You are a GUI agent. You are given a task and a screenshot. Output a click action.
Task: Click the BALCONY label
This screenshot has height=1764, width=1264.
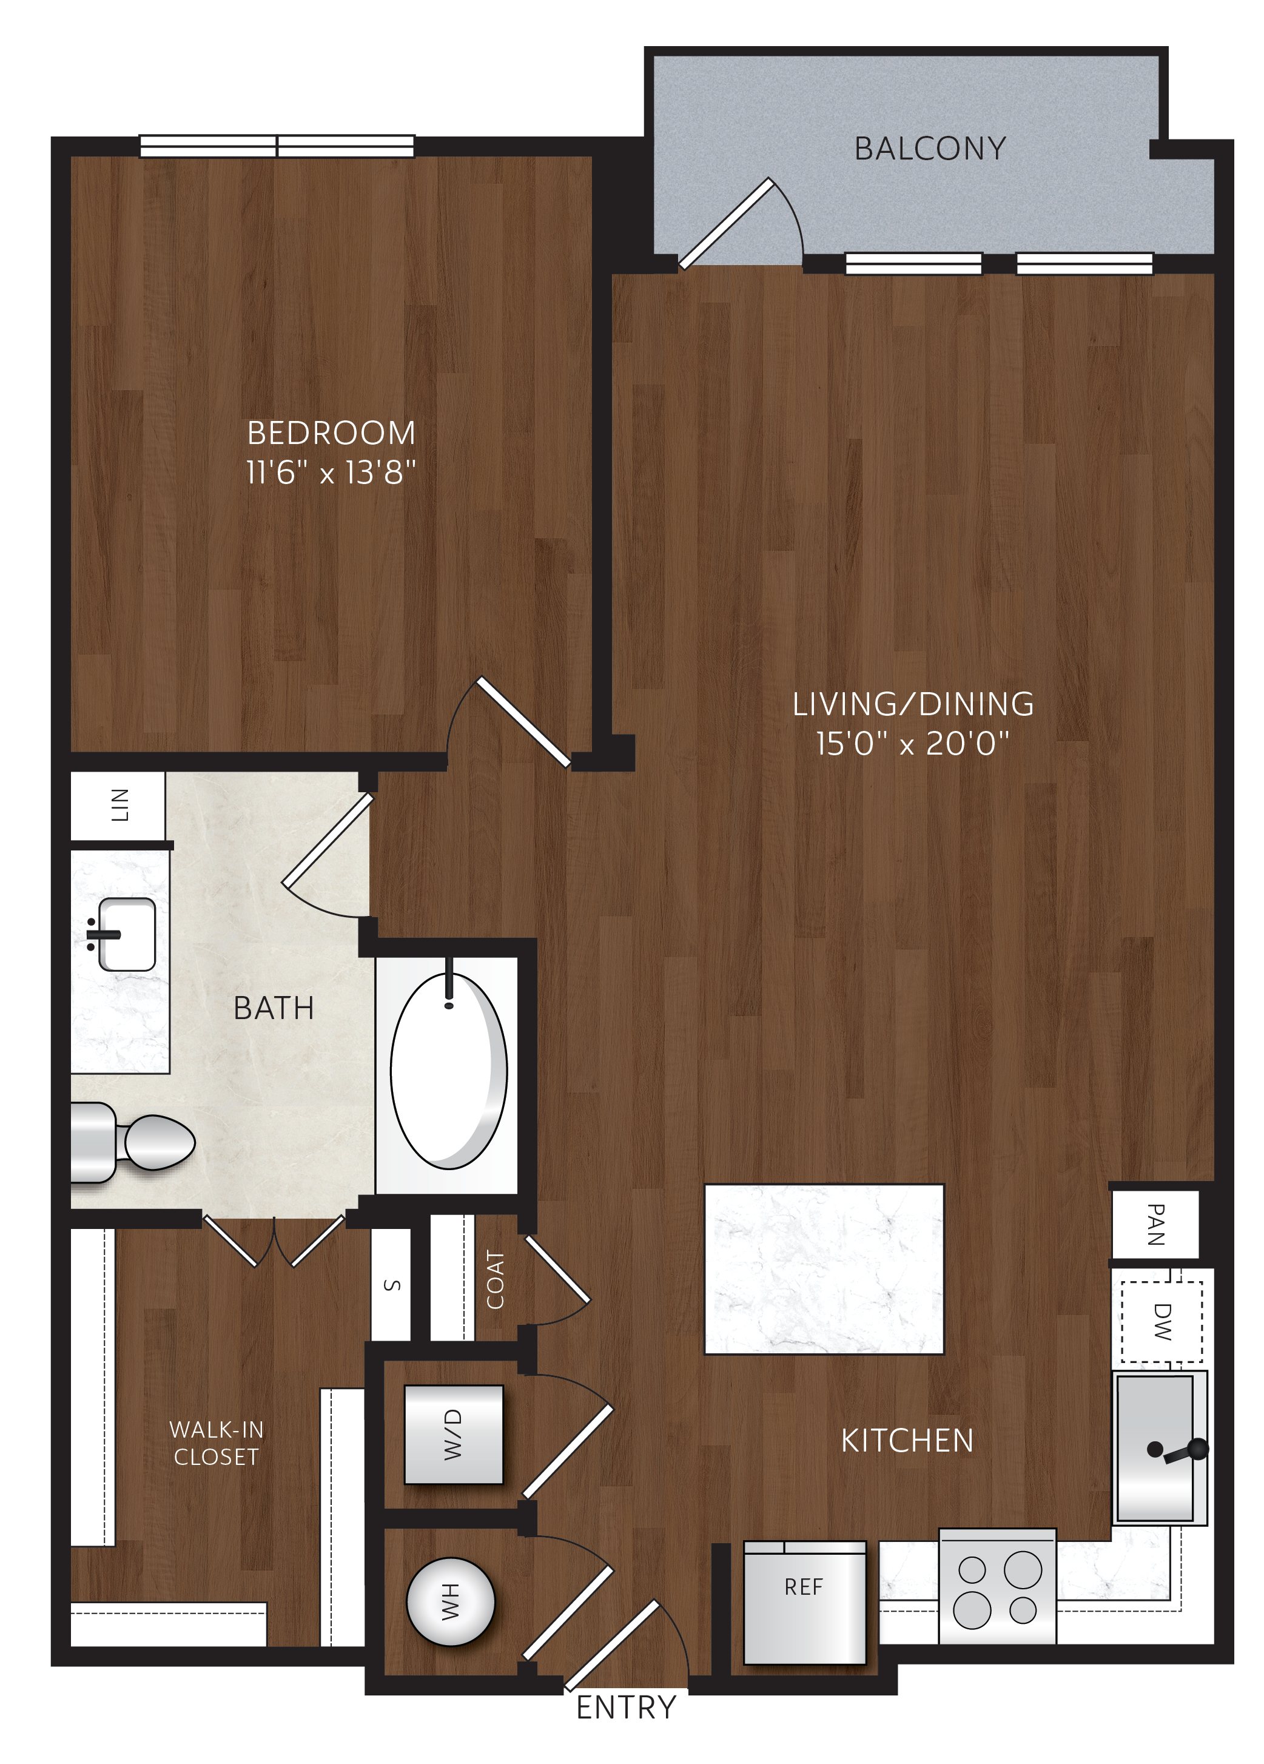point(930,149)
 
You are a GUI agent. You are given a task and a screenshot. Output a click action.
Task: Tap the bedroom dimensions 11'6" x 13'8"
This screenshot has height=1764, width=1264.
point(331,471)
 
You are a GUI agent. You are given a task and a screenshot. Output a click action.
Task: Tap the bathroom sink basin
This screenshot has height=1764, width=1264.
point(126,934)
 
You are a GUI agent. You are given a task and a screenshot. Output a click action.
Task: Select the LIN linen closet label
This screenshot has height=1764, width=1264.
point(119,805)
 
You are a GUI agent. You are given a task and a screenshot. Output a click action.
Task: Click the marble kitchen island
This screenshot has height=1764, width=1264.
point(823,1268)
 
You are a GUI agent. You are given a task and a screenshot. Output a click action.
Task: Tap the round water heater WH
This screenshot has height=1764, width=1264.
point(451,1601)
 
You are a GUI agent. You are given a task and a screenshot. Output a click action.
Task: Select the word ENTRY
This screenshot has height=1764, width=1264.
point(626,1707)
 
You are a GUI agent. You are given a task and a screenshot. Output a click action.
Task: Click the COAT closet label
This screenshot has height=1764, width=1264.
point(495,1280)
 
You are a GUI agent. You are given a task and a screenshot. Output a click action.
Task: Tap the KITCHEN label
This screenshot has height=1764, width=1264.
point(907,1441)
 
